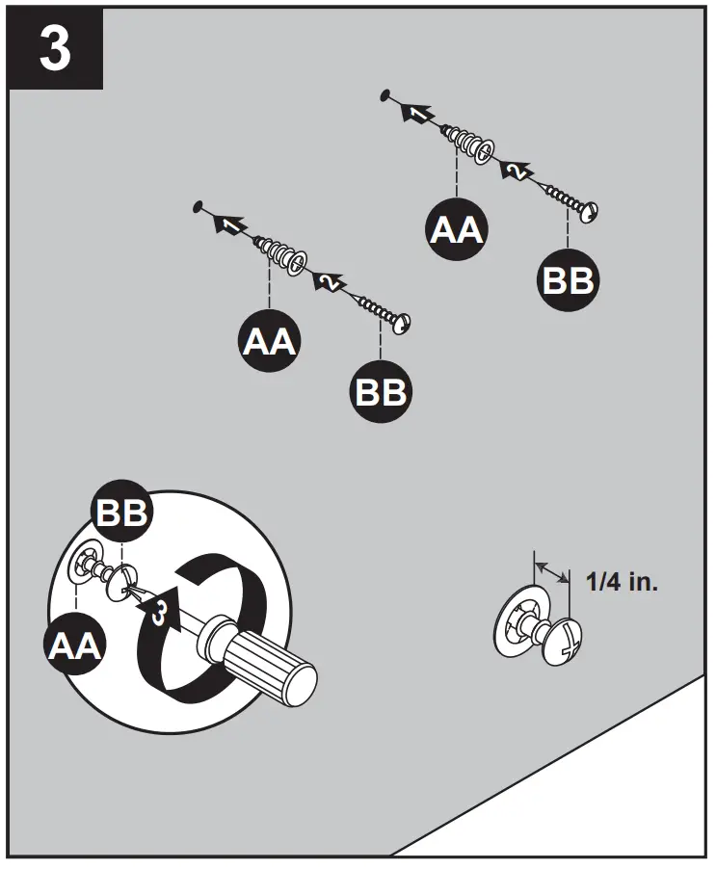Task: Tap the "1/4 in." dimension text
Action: point(622,581)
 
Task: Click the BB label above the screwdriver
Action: point(121,513)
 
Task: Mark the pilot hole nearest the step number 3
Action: point(197,206)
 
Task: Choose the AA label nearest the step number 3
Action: point(269,340)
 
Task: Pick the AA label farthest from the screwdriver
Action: point(456,229)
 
